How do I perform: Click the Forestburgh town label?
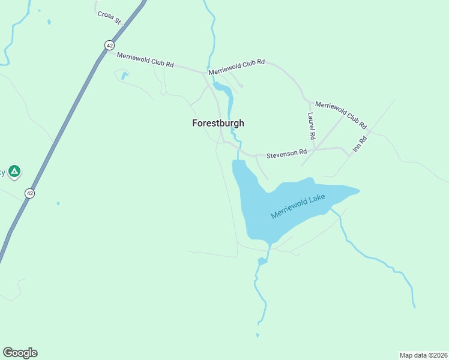(x=218, y=123)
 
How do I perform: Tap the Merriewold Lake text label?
(x=298, y=205)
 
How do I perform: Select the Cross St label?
(x=110, y=17)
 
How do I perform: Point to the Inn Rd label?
(x=360, y=143)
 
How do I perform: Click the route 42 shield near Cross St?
(x=108, y=45)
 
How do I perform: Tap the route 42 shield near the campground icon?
(x=29, y=193)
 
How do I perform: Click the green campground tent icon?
(x=14, y=172)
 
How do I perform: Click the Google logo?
(x=20, y=353)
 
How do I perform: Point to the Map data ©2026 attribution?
(x=423, y=355)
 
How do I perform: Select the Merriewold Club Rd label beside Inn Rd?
(x=340, y=115)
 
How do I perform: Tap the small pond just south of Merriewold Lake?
(x=262, y=261)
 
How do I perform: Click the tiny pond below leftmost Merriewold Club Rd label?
(x=124, y=76)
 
